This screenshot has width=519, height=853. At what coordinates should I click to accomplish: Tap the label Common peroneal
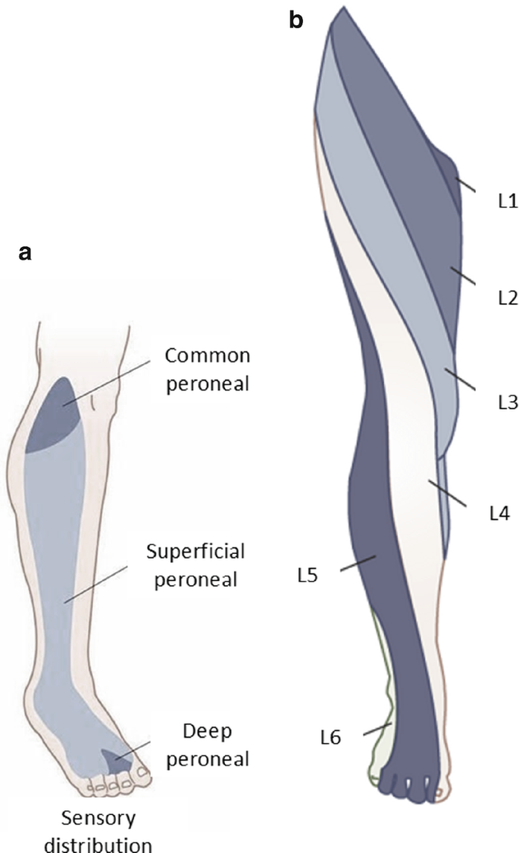[208, 366]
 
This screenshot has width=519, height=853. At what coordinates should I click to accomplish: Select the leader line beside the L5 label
[358, 565]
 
